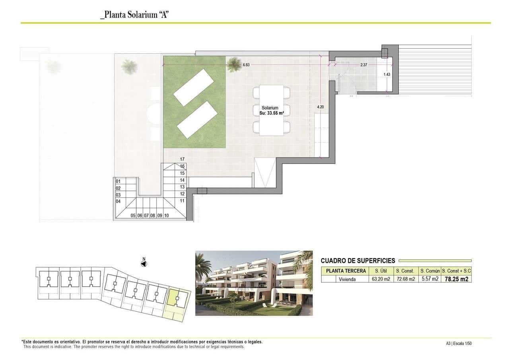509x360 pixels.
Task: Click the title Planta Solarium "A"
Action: pos(136,15)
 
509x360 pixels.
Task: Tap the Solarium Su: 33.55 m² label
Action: pos(270,111)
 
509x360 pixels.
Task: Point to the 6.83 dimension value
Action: pos(246,65)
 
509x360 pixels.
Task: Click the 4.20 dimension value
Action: pos(321,107)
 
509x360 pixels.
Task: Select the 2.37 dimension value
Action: pos(363,64)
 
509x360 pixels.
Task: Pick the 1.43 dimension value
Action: pos(387,74)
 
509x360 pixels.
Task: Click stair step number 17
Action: pos(182,159)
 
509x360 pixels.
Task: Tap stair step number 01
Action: pos(118,181)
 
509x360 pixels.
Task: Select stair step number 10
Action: pos(166,216)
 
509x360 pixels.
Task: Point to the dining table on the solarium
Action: pos(271,110)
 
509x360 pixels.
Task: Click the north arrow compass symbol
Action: pos(144,263)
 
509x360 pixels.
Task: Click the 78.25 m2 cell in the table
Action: pos(457,279)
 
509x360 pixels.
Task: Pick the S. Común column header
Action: pos(430,271)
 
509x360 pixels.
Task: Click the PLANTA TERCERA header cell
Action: pos(346,271)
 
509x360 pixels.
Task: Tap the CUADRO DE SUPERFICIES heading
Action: pos(358,261)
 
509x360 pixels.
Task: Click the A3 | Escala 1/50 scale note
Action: pos(458,343)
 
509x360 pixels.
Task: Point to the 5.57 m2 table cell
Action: pos(430,279)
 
